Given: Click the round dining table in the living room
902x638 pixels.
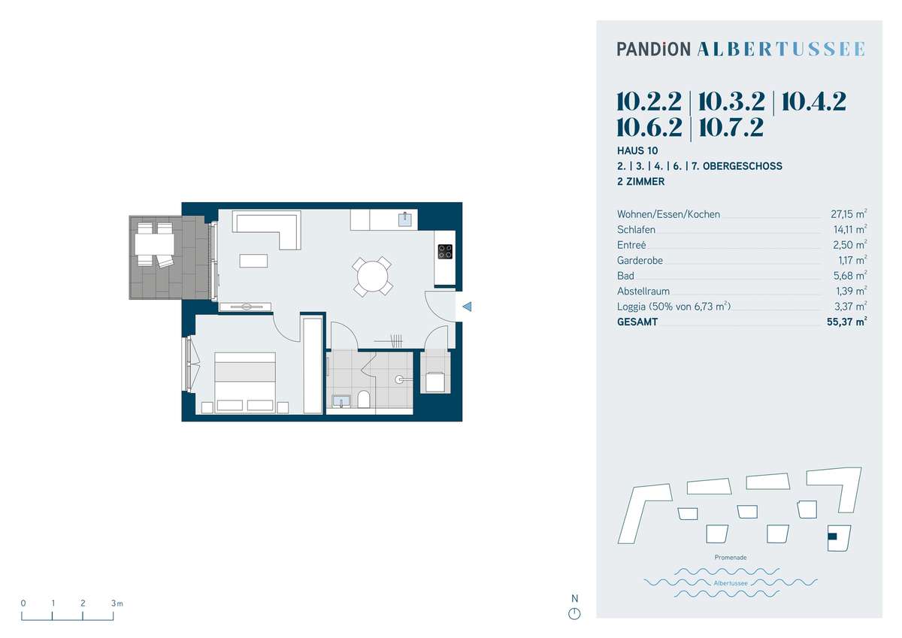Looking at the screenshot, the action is [x=372, y=277].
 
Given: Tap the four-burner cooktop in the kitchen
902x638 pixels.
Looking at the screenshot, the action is [x=445, y=252].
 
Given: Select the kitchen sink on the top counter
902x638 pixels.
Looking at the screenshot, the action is [x=405, y=219].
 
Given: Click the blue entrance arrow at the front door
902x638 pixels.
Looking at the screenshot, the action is [x=467, y=307].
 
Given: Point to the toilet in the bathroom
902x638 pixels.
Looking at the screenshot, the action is [x=364, y=399].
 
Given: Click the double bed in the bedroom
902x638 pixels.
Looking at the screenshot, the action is [x=245, y=382].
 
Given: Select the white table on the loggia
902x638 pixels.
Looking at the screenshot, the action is [x=155, y=244].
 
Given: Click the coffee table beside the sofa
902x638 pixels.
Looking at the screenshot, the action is [x=253, y=261].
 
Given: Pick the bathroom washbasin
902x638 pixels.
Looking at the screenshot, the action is [x=341, y=401].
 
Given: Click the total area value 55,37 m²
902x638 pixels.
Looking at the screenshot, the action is [x=847, y=322].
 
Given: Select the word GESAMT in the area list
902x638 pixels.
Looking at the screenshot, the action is [x=637, y=322].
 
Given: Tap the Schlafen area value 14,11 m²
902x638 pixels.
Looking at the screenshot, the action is [x=849, y=229].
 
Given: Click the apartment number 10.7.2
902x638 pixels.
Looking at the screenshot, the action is [x=731, y=128].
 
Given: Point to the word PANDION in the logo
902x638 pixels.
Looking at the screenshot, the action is [x=653, y=49].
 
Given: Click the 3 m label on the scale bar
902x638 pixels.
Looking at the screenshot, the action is [x=117, y=603].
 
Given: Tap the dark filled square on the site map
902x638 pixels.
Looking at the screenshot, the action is [x=832, y=536].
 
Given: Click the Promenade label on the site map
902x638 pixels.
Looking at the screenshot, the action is [x=731, y=558].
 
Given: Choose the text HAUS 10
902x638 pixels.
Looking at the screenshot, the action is [x=637, y=151].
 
